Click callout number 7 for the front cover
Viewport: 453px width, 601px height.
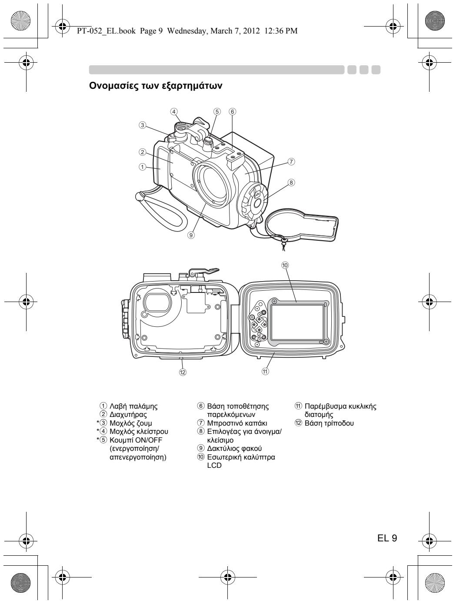(292, 161)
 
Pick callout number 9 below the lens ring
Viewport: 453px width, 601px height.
(191, 235)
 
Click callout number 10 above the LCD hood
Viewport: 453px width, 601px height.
(285, 265)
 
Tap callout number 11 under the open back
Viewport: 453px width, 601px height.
(265, 371)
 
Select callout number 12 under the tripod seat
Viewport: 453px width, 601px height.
(183, 373)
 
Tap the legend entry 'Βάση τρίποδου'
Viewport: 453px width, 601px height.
(329, 422)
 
